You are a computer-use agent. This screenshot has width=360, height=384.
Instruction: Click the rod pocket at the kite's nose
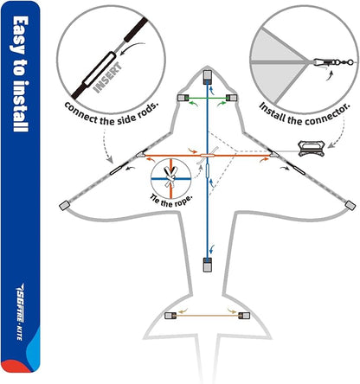(208, 76)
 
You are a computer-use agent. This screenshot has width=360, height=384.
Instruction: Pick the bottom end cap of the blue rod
(208, 263)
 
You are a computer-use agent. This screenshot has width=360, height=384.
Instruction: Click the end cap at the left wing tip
(62, 206)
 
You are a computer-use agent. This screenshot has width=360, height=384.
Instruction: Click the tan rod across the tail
(208, 314)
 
